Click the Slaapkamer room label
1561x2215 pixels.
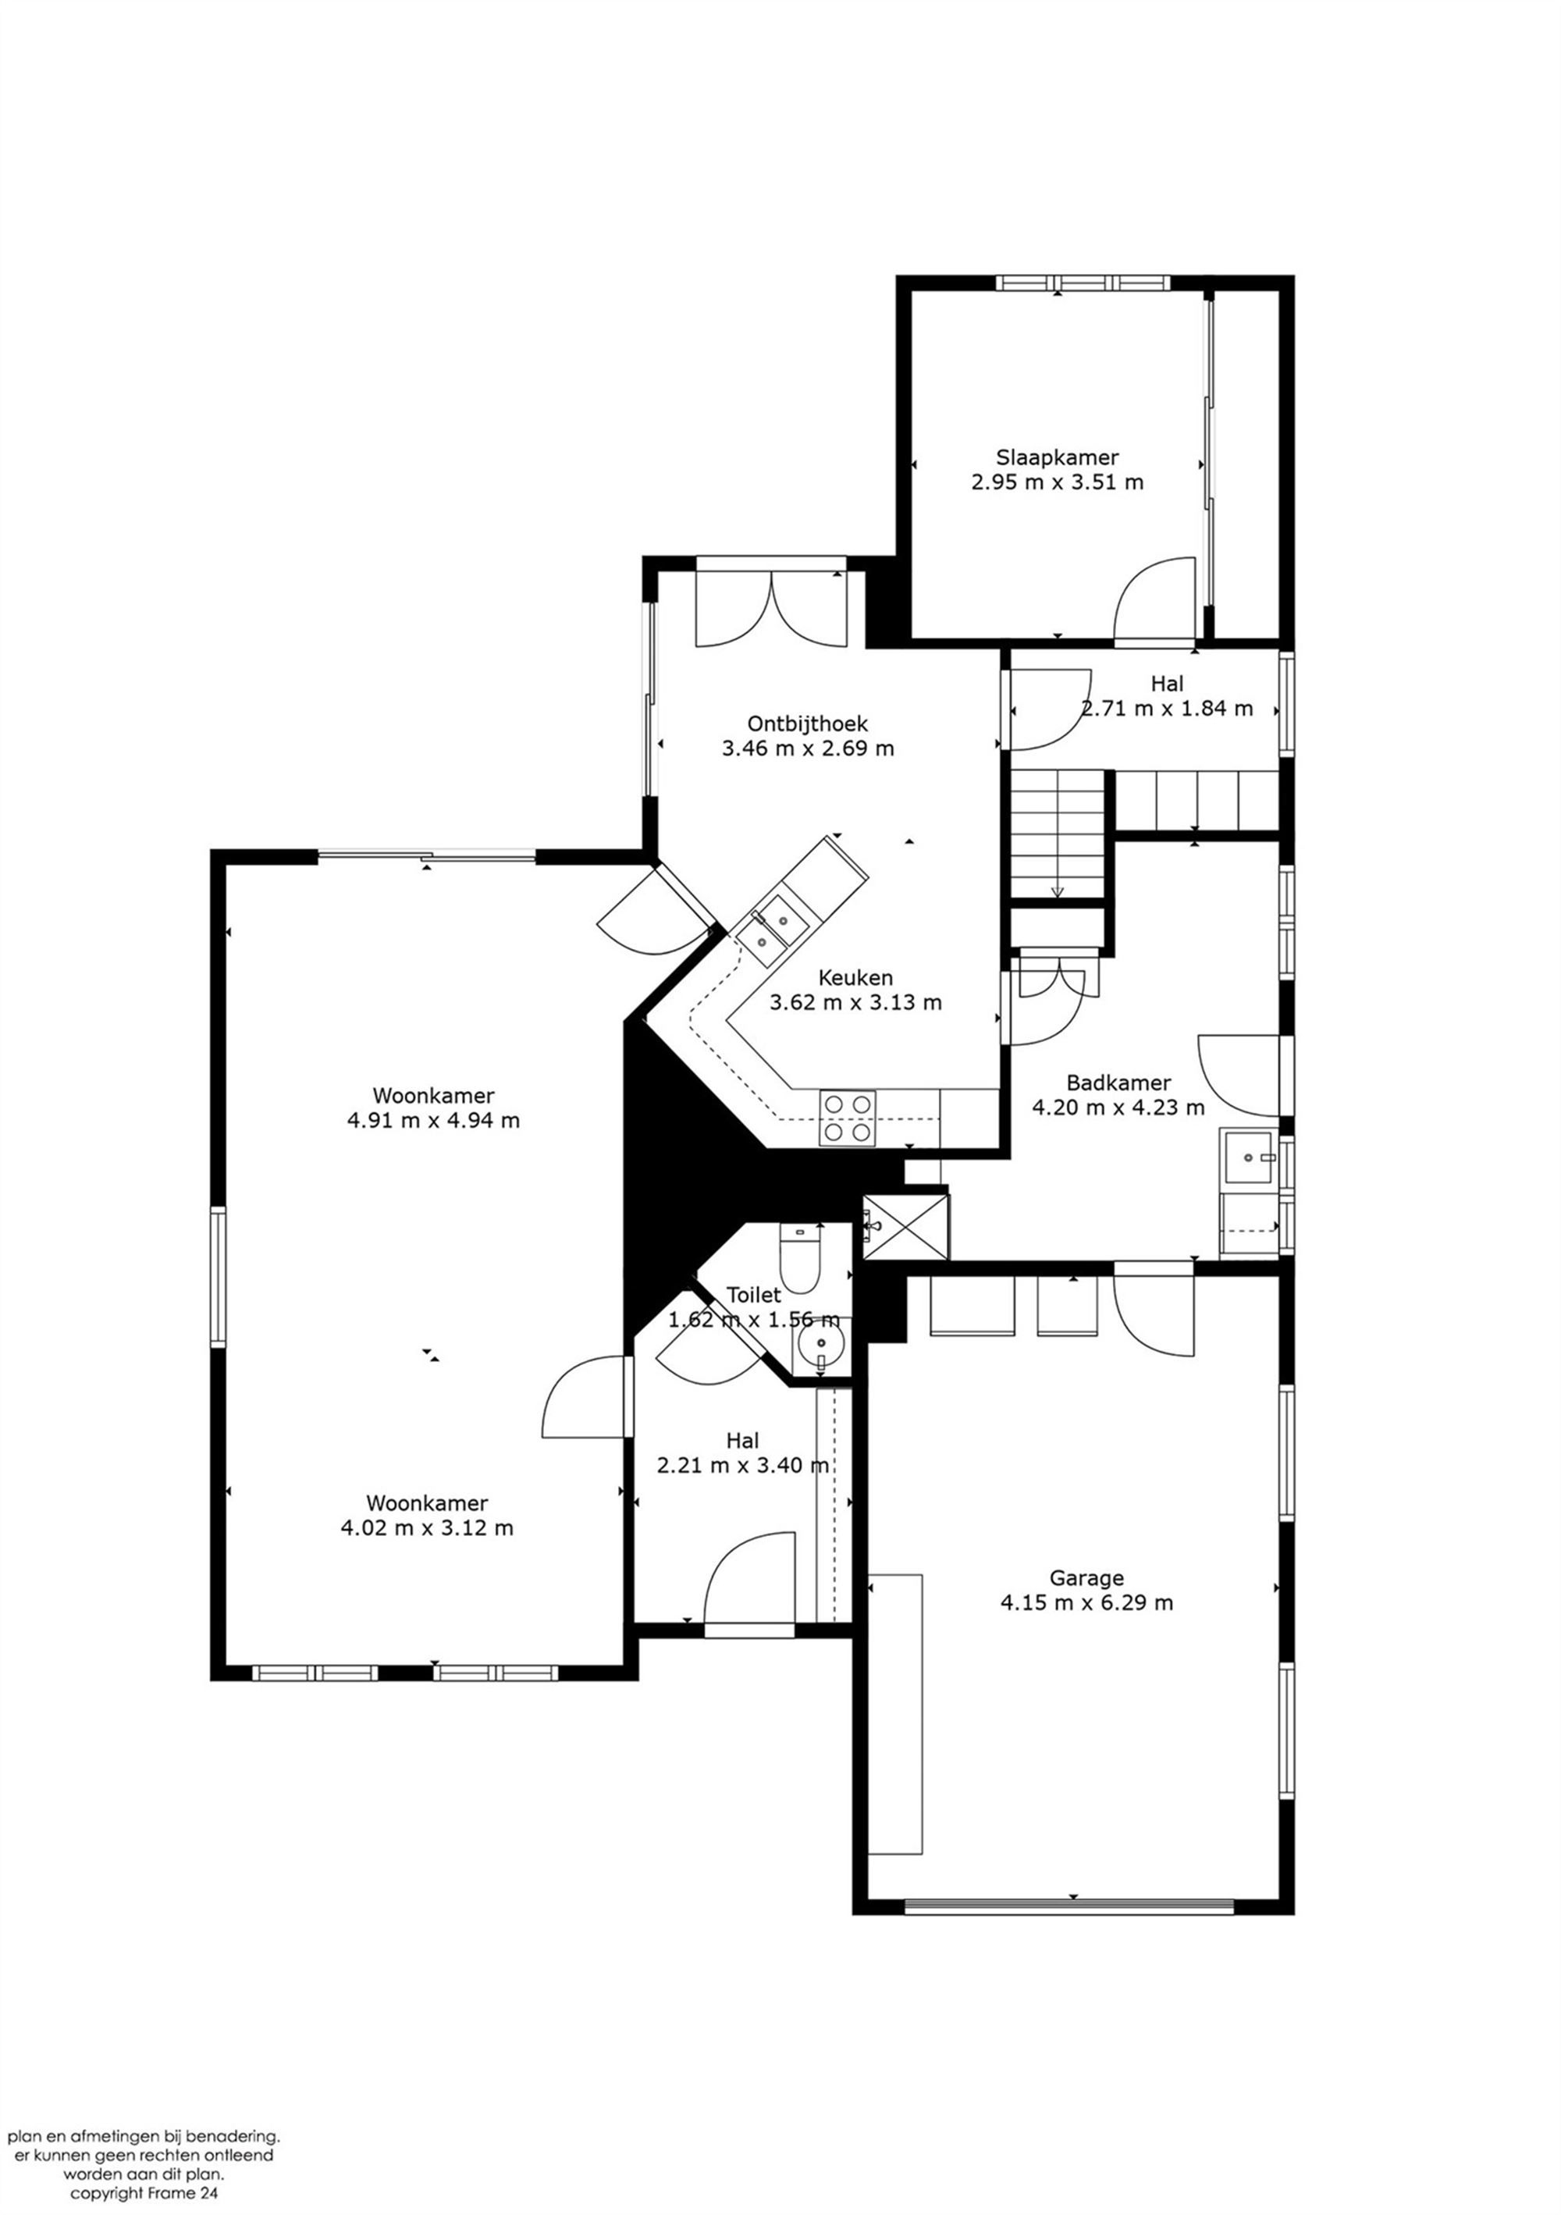tap(1057, 457)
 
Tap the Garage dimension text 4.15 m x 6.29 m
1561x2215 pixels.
tap(1086, 1602)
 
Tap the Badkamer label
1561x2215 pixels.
tap(1118, 1083)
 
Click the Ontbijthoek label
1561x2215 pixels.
tap(808, 723)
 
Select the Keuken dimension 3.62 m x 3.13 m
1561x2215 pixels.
tap(855, 1002)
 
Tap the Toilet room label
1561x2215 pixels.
tap(752, 1295)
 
